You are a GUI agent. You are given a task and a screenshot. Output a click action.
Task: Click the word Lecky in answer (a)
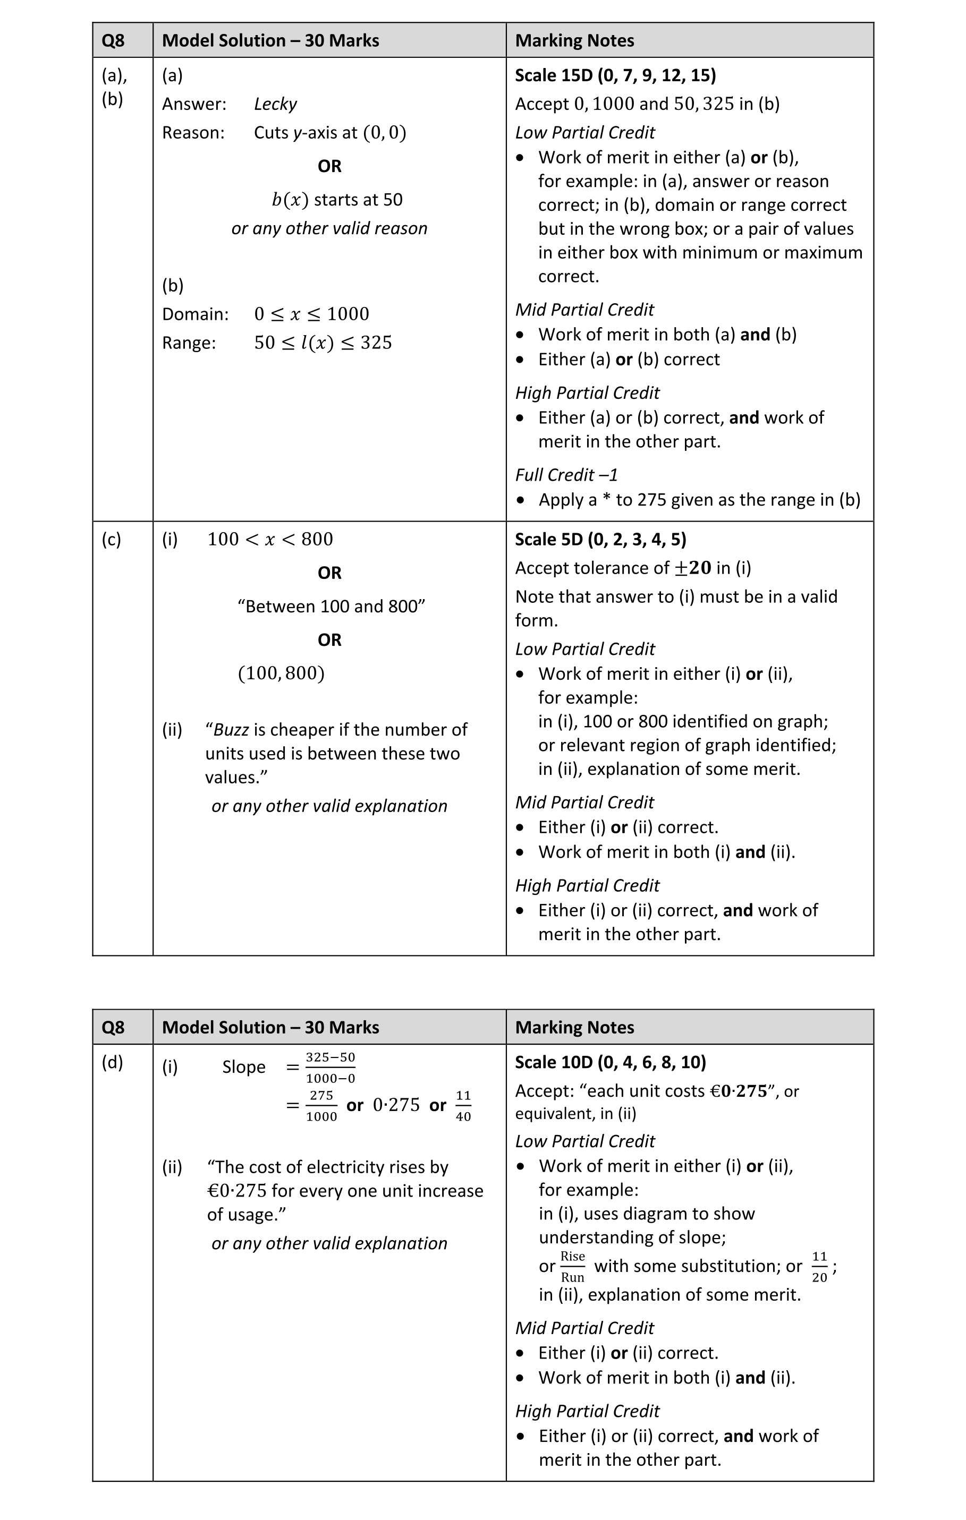coord(275,104)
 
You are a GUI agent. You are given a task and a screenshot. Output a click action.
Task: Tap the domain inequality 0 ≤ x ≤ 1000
coord(311,314)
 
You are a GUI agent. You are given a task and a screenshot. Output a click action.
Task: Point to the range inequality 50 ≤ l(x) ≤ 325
coord(323,343)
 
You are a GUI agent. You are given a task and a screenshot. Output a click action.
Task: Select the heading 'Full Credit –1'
coord(566,475)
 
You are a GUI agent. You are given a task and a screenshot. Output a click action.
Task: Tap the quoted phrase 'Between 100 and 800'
coord(331,606)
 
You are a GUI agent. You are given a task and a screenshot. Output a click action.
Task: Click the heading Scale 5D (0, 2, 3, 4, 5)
coord(600,539)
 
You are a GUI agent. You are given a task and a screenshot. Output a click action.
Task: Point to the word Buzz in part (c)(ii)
coord(231,730)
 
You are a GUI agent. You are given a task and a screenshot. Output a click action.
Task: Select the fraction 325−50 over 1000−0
coord(330,1068)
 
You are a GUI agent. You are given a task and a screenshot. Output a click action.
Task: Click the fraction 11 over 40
coord(463,1105)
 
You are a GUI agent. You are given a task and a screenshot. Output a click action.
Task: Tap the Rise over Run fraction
coord(572,1266)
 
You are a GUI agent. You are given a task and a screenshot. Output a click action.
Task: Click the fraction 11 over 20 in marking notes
coord(819,1266)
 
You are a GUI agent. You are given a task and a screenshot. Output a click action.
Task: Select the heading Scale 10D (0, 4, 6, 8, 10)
coord(610,1062)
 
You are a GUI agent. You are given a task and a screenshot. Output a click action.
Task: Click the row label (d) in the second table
coord(113,1062)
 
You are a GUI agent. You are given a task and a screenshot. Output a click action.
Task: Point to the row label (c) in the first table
coord(111,539)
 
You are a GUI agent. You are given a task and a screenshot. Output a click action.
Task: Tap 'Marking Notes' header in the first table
coord(574,40)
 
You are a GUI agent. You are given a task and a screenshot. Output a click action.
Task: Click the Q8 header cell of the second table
coord(113,1027)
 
